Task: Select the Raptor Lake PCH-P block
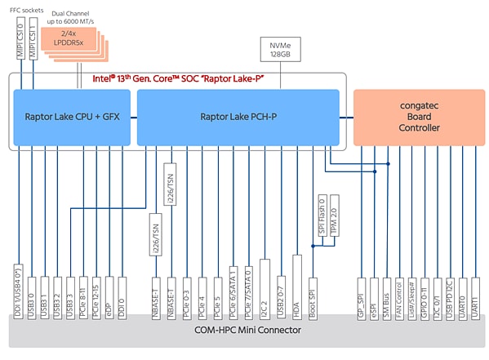pyautogui.click(x=238, y=117)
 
